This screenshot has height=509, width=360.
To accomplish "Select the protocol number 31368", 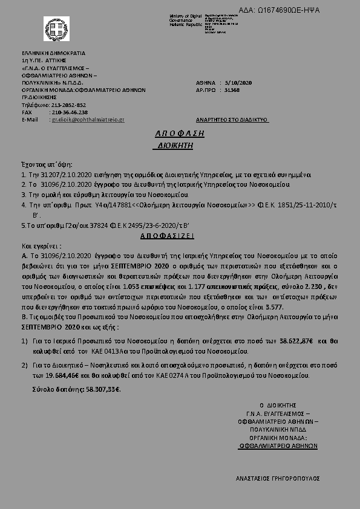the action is coord(232,89).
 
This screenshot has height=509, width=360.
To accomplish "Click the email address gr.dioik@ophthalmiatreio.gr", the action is coord(88,120).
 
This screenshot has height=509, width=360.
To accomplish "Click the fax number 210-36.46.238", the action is coord(70,112).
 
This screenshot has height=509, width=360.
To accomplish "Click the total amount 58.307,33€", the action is coord(99,389).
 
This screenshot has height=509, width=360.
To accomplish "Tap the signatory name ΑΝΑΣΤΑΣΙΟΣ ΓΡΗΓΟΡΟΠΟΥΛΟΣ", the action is coord(277,478).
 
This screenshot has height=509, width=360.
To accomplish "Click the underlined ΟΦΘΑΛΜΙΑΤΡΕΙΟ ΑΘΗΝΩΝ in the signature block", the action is coord(278,444).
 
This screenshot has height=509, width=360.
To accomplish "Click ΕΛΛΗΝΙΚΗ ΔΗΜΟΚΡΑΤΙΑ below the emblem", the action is coord(53,53).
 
